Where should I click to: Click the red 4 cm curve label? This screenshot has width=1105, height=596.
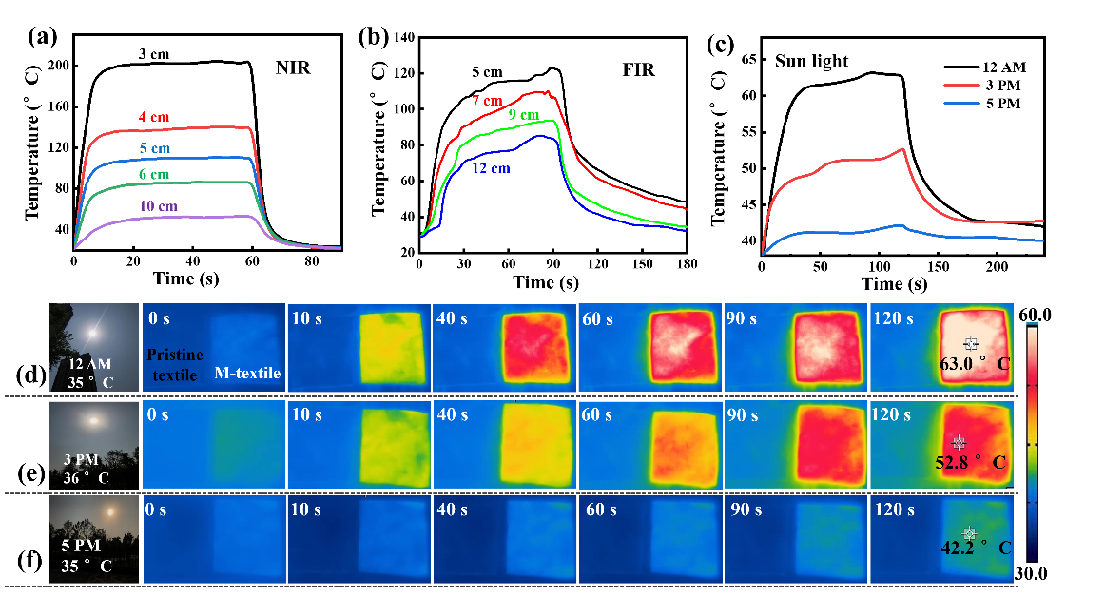(x=153, y=117)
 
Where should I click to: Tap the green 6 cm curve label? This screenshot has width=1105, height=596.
(x=153, y=174)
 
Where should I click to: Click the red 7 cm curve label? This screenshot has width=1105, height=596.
(x=487, y=100)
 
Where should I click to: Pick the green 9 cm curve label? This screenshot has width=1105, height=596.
(x=523, y=114)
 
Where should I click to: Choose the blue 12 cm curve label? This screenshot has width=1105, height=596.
(x=491, y=167)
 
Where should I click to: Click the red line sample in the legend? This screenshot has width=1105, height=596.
(x=961, y=85)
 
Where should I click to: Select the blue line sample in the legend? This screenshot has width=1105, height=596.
(x=961, y=102)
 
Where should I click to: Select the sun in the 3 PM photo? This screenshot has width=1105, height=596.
(x=92, y=419)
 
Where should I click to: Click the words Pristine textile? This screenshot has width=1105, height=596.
(x=174, y=365)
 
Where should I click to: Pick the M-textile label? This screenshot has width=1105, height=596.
(x=247, y=374)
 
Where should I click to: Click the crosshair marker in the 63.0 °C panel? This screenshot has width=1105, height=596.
(x=970, y=343)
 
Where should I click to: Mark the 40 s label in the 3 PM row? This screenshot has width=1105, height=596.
(x=451, y=415)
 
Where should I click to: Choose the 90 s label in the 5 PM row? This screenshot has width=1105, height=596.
(x=742, y=510)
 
